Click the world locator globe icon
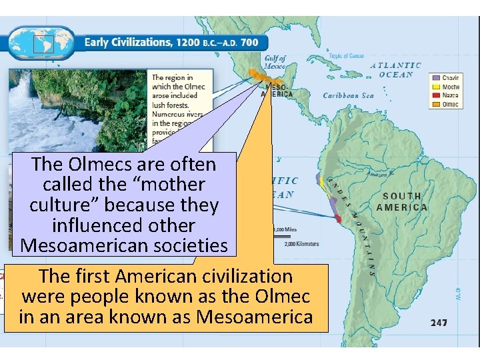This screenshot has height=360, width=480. tap(43, 43)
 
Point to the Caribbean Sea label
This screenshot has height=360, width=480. tap(349, 96)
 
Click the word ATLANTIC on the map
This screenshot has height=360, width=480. tap(395, 65)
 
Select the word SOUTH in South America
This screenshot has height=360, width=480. tap(401, 196)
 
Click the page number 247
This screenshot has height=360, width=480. tap(439, 323)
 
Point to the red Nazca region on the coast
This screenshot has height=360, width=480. tap(338, 218)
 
